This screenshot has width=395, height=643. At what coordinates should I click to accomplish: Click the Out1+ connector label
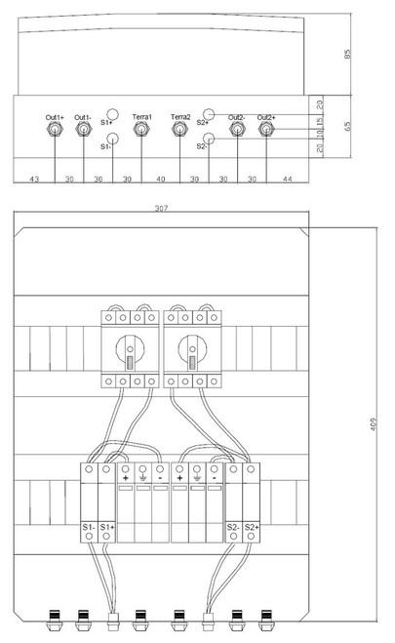55,118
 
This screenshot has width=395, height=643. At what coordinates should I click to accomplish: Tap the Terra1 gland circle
141,129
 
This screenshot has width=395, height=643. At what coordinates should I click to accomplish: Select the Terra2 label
180,117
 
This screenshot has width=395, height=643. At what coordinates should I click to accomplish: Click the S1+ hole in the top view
112,114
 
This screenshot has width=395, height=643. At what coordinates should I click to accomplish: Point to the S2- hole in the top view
209,139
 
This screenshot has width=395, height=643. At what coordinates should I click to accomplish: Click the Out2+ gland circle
266,129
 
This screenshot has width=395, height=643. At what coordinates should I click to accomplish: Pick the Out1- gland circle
84,129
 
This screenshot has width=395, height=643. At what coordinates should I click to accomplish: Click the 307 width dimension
161,209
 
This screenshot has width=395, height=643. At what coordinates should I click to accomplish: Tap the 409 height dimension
373,424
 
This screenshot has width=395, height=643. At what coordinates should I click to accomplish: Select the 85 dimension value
347,54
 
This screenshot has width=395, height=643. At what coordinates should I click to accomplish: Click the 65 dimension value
347,126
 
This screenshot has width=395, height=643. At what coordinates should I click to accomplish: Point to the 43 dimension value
34,180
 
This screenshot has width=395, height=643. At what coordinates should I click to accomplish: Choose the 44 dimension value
288,180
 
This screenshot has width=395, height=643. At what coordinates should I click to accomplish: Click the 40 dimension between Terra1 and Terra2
161,180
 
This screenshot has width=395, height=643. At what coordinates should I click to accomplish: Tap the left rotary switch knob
130,349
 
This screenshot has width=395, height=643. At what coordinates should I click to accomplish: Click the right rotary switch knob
192,349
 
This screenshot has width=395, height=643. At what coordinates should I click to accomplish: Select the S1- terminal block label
89,527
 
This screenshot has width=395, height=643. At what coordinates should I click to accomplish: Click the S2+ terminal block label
252,527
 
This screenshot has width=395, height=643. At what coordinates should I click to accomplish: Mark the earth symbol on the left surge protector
142,478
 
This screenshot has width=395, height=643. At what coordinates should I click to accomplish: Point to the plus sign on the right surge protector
179,478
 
